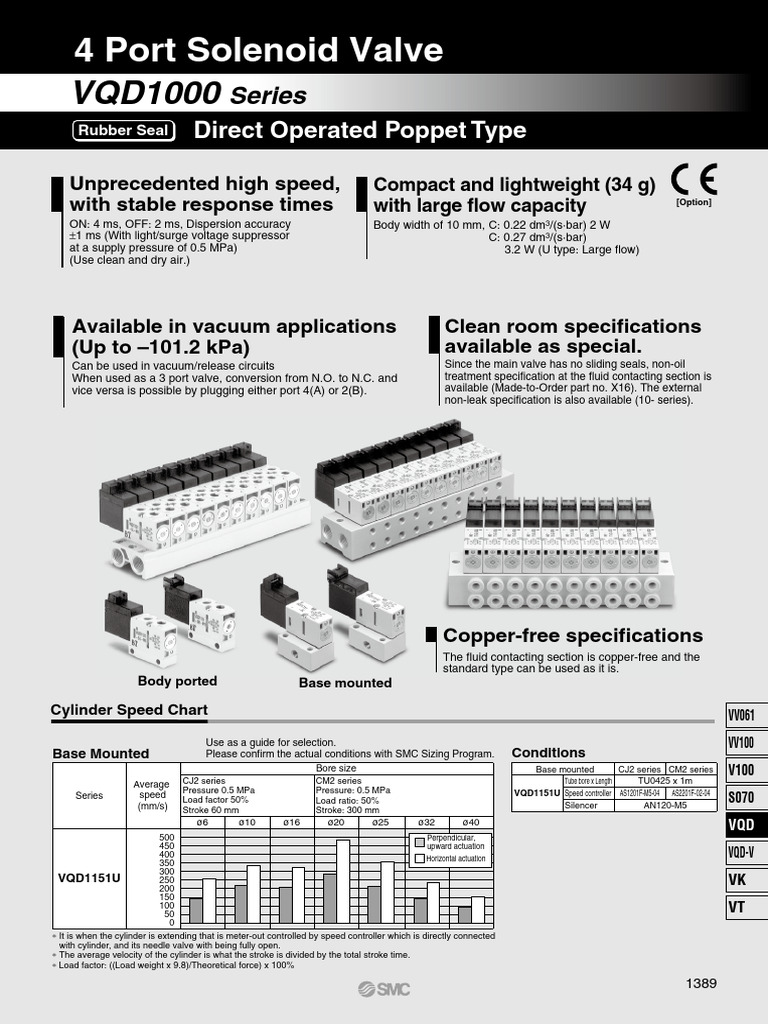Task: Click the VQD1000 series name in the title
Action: pyautogui.click(x=146, y=94)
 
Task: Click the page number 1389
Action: pyautogui.click(x=701, y=983)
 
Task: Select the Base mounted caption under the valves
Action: pyautogui.click(x=345, y=683)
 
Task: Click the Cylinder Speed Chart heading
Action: pyautogui.click(x=129, y=710)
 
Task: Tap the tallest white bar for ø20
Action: pyautogui.click(x=343, y=880)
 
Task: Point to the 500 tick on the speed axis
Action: pyautogui.click(x=166, y=837)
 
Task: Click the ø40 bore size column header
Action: pyautogui.click(x=471, y=822)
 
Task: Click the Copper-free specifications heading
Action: pyautogui.click(x=572, y=636)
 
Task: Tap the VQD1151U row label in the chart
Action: pyautogui.click(x=91, y=877)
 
